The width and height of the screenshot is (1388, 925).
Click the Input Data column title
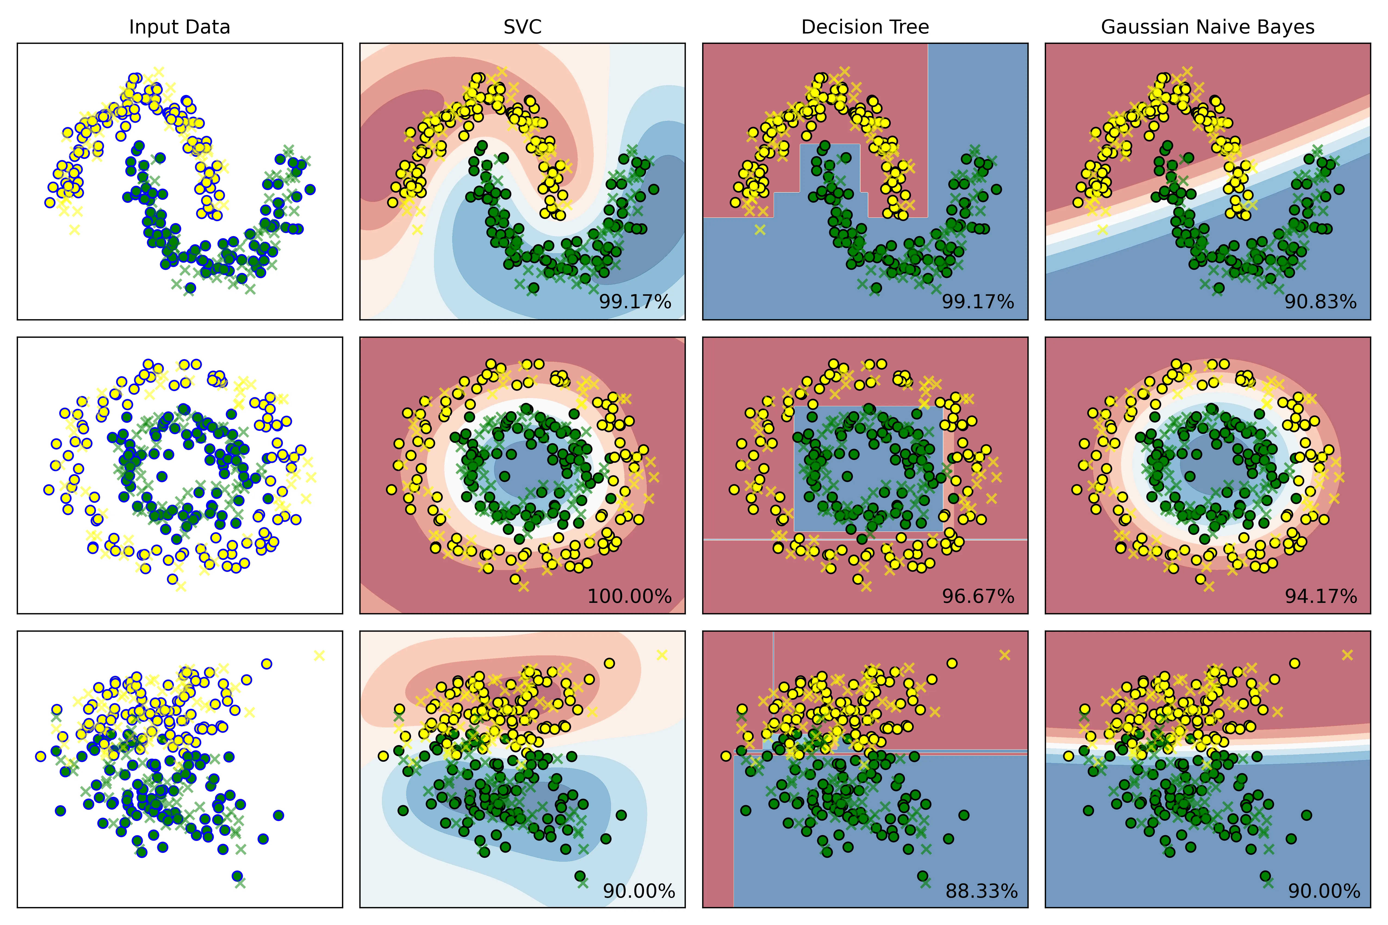pos(180,27)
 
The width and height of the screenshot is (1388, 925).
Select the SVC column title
pos(522,27)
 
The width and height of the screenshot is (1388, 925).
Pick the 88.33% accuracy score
pos(981,891)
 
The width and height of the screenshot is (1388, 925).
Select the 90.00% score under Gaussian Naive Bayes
pos(1324,891)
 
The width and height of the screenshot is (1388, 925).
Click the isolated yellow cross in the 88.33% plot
pos(1004,655)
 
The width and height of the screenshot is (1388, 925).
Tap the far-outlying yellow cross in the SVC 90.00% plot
pos(662,655)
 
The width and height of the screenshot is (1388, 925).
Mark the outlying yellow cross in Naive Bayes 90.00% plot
pos(1347,655)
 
